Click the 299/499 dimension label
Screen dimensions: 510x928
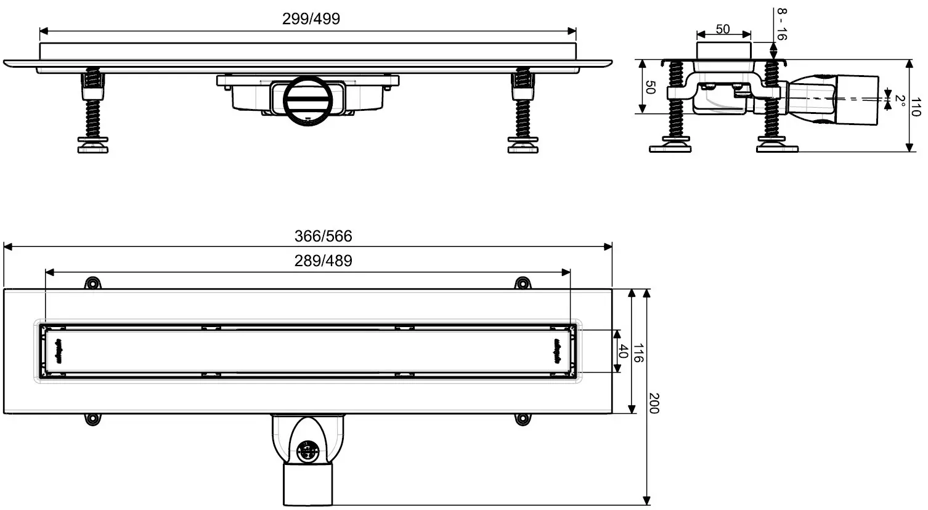point(311,18)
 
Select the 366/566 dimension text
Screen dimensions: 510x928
point(323,236)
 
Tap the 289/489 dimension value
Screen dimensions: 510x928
point(323,261)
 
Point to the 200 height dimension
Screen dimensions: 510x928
point(654,403)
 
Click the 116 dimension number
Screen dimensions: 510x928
point(638,353)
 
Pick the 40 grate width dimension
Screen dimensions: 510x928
point(623,352)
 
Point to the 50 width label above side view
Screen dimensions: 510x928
point(723,30)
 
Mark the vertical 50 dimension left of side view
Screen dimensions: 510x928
point(649,87)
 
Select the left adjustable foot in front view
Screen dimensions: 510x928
point(93,111)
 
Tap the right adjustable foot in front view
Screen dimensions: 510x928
point(523,111)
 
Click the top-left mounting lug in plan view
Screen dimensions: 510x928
point(92,283)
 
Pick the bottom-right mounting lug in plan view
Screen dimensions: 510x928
point(523,419)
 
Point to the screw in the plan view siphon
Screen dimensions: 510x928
point(306,451)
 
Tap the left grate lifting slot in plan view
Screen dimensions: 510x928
point(60,350)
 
